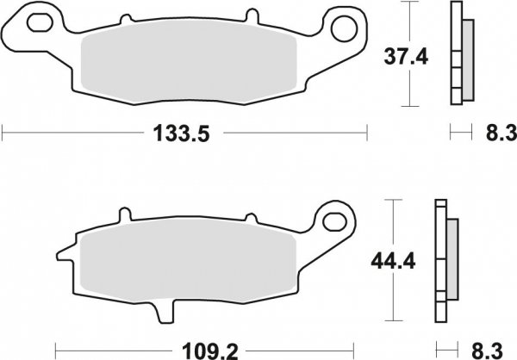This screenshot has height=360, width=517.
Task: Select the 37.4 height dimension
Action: tap(401, 58)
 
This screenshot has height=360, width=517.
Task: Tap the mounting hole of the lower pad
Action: tap(331, 220)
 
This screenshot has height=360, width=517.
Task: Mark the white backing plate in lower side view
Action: tap(440, 258)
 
